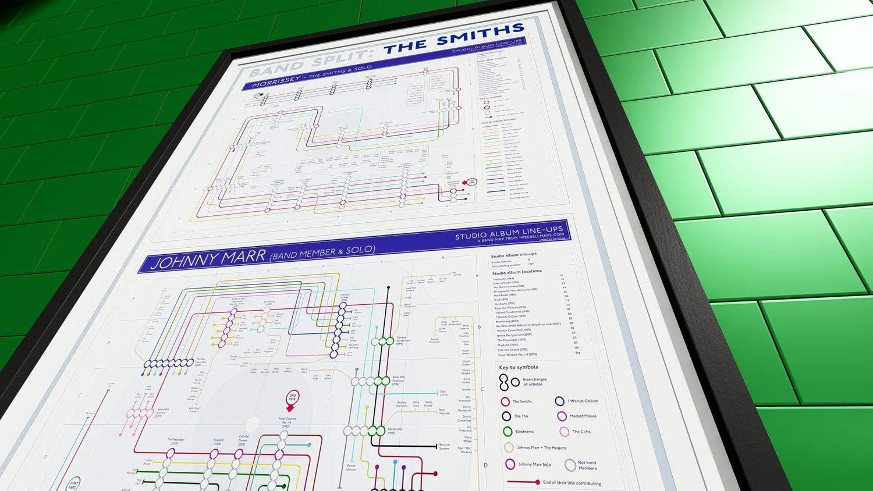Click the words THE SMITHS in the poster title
pos(454,39)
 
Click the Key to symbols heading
pos(519,367)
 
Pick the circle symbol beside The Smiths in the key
pos(505,401)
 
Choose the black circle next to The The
pos(506,416)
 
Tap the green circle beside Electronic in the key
pos(508,432)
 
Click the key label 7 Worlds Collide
pos(583,401)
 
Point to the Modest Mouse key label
pos(583,416)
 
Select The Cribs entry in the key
pos(581,432)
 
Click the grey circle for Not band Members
pos(570,465)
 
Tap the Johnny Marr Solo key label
pos(534,464)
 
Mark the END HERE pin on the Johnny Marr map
pos(293,399)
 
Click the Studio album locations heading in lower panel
pos(517,272)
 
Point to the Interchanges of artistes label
pos(534,382)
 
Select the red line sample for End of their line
pos(523,482)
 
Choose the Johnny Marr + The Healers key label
pos(541,447)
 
